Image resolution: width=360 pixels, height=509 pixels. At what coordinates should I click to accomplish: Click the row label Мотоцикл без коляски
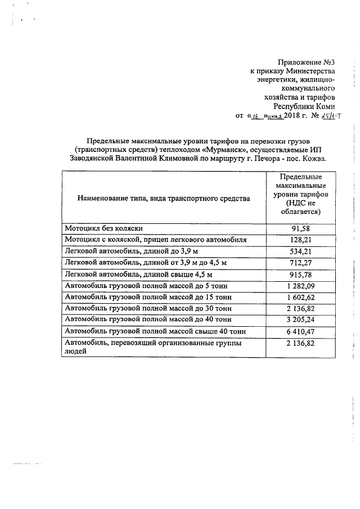tap(105, 228)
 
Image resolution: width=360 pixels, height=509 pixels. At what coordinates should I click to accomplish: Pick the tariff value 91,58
tap(300, 229)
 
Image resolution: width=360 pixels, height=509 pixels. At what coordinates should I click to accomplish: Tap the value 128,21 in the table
tap(300, 240)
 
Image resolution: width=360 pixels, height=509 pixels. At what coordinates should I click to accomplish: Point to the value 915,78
tap(300, 274)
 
